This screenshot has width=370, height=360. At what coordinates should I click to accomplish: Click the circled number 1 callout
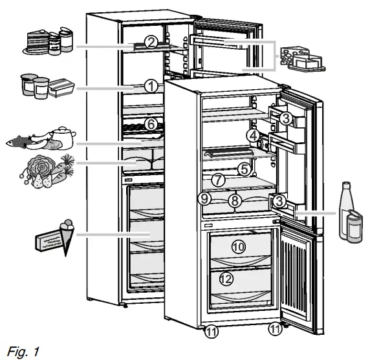151,85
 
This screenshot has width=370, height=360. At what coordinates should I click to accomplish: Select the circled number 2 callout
150,43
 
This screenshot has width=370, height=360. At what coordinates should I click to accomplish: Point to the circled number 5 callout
243,169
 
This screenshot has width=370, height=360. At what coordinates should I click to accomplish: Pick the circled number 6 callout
150,123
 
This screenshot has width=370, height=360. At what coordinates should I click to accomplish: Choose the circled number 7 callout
218,179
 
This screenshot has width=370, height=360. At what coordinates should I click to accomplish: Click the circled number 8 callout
235,201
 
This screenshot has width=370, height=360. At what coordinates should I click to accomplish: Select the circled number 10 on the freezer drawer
239,247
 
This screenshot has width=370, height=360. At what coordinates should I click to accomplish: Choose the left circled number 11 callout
212,332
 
